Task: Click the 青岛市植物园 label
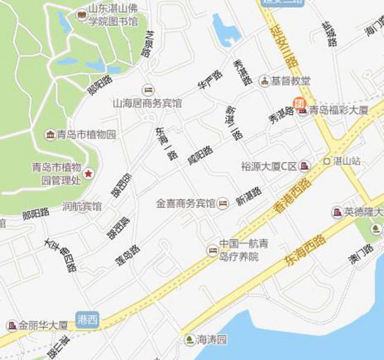coord(86,134)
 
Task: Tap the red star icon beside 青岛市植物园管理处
coord(88,173)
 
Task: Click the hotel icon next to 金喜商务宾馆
coord(223,203)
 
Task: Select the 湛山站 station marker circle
coord(326,161)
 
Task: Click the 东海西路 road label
coord(305,250)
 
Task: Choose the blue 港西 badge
coord(87,319)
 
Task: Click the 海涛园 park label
coord(212,340)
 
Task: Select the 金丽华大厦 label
coord(43,326)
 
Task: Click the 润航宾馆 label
coord(82,206)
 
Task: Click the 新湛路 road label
coord(249,196)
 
